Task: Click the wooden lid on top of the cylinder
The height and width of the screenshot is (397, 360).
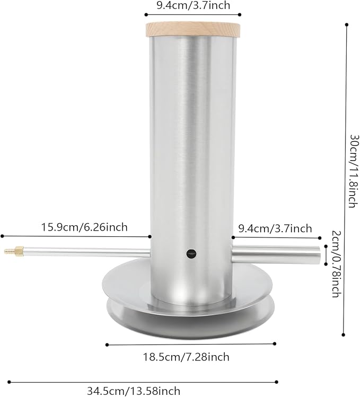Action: pos(193,30)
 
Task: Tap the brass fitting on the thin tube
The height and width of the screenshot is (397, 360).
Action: pos(14,251)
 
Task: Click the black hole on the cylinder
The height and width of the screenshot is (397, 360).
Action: pos(191,253)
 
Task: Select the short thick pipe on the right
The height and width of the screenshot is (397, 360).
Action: pos(276,254)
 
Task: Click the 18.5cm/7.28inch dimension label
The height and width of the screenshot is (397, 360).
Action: pos(186,357)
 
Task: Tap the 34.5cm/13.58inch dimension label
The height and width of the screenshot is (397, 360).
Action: pos(134,391)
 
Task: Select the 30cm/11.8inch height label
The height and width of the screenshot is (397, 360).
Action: pos(355,171)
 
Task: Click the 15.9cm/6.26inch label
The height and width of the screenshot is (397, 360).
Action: pos(84,227)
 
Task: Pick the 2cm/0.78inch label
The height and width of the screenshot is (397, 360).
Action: pos(337,263)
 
